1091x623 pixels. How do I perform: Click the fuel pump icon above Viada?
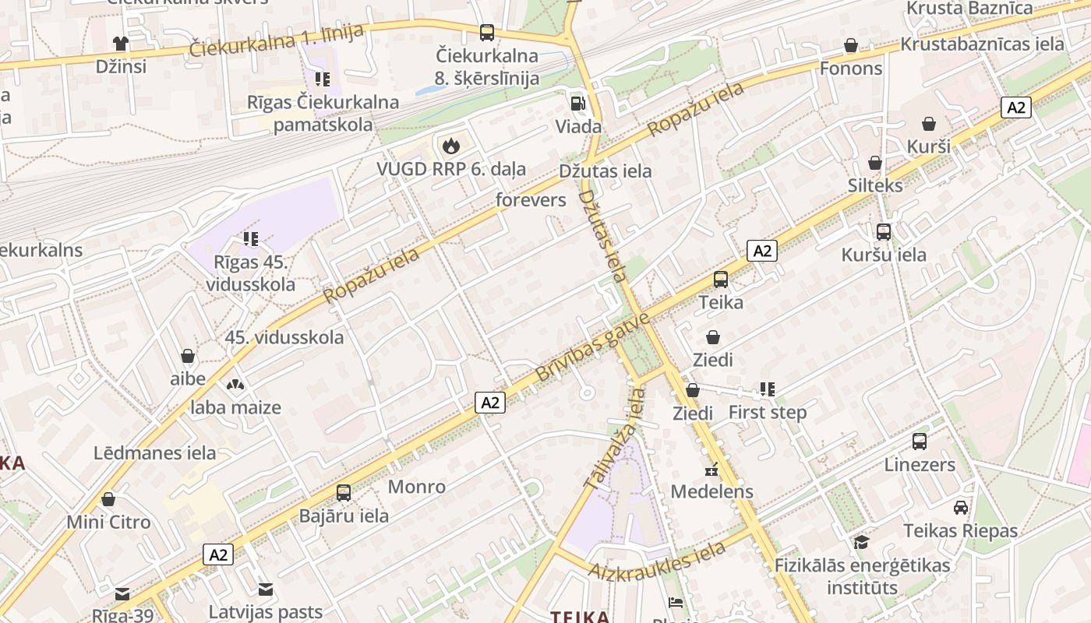[x=577, y=103]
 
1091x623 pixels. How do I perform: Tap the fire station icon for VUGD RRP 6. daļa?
[x=450, y=145]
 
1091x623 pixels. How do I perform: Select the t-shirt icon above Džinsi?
[x=120, y=43]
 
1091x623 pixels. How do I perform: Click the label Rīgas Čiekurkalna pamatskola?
[x=323, y=113]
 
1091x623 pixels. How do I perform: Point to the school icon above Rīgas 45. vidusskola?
[x=250, y=238]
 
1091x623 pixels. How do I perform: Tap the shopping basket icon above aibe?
[x=188, y=356]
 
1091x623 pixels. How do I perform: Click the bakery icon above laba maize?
[x=235, y=384]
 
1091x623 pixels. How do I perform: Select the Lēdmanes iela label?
[x=155, y=452]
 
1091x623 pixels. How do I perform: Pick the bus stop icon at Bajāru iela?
[x=344, y=492]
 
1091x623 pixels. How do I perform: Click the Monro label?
[x=417, y=487]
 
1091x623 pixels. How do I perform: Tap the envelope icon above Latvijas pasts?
[x=266, y=589]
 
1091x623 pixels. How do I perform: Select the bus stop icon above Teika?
[x=721, y=279]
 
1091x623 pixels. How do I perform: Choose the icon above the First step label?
[x=768, y=389]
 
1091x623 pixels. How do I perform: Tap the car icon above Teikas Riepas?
[x=961, y=508]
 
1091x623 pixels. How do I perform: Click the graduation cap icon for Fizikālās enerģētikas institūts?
[x=861, y=542]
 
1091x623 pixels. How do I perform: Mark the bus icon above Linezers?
[x=920, y=442]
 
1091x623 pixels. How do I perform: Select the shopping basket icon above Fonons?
[x=851, y=45]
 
